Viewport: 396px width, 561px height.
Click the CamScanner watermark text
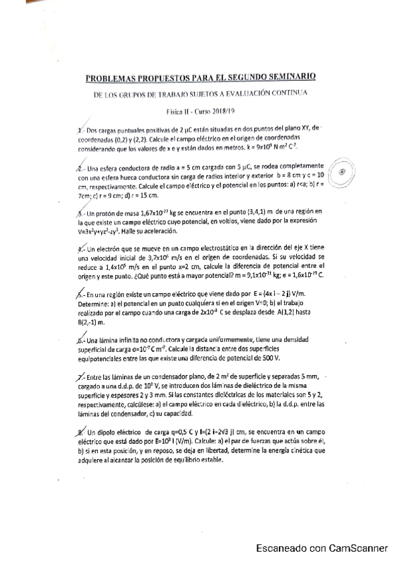pos(322,547)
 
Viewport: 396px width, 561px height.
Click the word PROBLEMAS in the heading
pos(116,77)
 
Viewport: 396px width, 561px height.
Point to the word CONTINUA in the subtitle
pos(291,93)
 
